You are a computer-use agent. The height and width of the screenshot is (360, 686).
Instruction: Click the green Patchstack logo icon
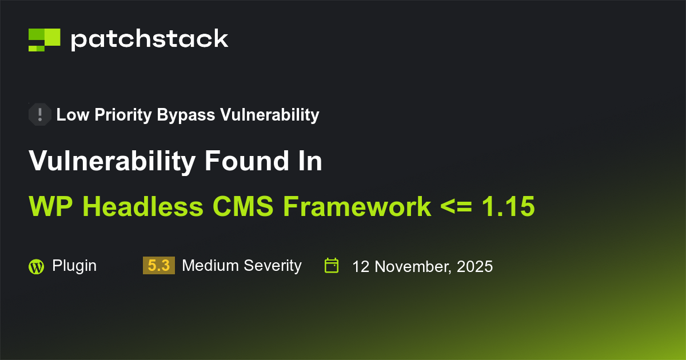pyautogui.click(x=45, y=39)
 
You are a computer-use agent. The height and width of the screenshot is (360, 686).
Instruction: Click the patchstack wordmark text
pyautogui.click(x=149, y=39)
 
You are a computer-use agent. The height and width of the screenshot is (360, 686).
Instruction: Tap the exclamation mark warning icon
pyautogui.click(x=40, y=114)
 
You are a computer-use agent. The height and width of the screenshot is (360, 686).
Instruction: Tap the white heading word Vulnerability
pyautogui.click(x=112, y=161)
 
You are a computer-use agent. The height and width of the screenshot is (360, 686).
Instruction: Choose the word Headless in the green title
pyautogui.click(x=146, y=206)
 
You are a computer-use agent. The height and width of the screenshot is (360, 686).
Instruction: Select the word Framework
pyautogui.click(x=357, y=206)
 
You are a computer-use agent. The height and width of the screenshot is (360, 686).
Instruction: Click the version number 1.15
pyautogui.click(x=508, y=206)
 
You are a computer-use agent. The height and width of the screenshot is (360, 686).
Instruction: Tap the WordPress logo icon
pyautogui.click(x=36, y=266)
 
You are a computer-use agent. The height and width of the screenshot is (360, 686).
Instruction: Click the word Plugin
pyautogui.click(x=74, y=266)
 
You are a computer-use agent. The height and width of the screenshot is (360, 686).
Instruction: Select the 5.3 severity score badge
pyautogui.click(x=159, y=266)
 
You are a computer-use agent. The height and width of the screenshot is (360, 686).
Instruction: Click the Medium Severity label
pyautogui.click(x=241, y=266)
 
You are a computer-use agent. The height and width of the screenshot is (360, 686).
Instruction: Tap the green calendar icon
pyautogui.click(x=332, y=266)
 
